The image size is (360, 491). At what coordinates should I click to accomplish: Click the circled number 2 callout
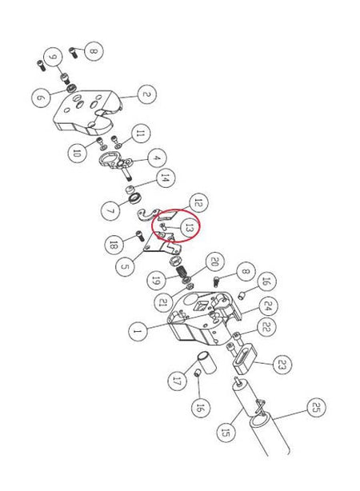click(146, 94)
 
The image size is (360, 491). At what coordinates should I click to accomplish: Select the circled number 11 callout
click(140, 134)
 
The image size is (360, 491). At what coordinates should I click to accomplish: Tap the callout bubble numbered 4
click(157, 158)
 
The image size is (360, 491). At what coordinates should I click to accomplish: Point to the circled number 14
click(165, 178)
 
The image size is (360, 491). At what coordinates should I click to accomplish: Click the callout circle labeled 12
click(198, 203)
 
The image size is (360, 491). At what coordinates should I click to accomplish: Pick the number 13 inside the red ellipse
click(189, 228)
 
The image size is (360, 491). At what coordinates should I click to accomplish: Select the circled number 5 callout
click(125, 267)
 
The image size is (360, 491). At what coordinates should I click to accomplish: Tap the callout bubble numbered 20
click(214, 261)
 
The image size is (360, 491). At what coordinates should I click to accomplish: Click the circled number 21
click(163, 302)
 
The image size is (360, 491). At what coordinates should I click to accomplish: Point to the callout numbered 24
click(267, 306)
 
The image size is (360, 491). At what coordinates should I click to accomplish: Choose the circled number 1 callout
click(138, 331)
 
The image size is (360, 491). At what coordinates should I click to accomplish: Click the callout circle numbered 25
click(316, 407)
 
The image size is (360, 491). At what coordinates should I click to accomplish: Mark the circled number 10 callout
click(77, 153)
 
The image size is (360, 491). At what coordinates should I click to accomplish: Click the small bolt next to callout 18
click(139, 235)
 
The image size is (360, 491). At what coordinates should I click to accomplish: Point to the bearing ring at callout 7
click(134, 198)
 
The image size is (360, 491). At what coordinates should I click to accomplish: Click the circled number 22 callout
click(266, 327)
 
